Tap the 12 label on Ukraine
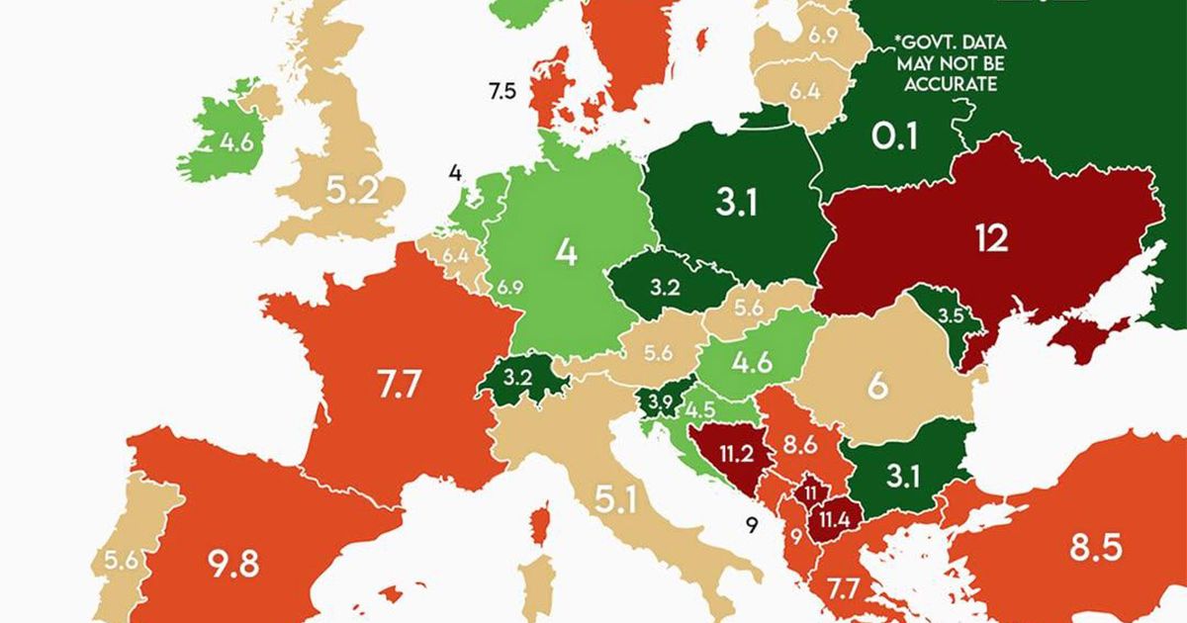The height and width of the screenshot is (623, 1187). click(989, 238)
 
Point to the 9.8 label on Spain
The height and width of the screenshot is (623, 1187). click(234, 565)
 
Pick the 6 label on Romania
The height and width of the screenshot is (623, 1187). click(876, 386)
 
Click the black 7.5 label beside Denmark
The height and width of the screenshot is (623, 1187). click(502, 92)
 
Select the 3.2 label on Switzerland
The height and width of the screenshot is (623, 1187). click(517, 379)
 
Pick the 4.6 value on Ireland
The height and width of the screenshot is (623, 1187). click(237, 141)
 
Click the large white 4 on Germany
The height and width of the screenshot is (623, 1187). click(565, 252)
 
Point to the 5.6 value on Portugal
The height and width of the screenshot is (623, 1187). click(123, 558)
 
